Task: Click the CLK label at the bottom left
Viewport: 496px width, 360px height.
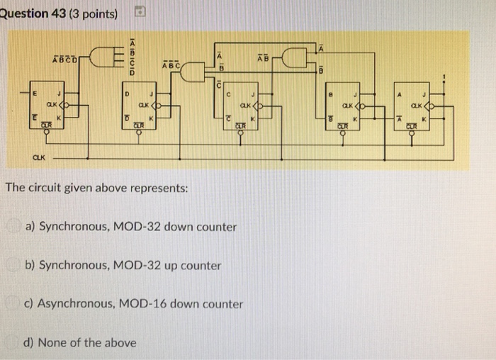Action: pos(34,159)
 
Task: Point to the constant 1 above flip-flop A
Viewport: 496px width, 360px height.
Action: pos(444,74)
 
